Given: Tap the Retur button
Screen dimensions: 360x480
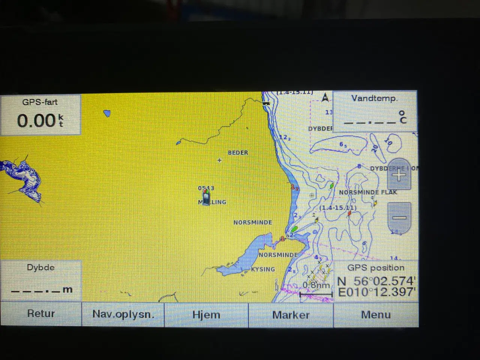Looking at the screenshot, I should [41, 314].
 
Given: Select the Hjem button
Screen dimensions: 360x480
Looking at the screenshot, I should [206, 315].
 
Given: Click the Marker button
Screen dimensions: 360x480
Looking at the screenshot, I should [291, 315].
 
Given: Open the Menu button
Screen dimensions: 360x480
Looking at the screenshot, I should [376, 315].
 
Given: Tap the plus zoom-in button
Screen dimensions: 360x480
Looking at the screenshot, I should [399, 175].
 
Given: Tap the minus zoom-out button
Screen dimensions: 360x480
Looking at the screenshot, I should [399, 217].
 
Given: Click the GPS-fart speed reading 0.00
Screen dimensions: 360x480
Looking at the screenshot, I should [37, 121].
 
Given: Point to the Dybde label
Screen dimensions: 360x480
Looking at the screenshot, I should [40, 268].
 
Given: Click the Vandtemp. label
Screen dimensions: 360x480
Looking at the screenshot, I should [374, 99].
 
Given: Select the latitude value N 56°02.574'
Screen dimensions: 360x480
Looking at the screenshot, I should [376, 281].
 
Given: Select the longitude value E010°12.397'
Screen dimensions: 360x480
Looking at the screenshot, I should [376, 292].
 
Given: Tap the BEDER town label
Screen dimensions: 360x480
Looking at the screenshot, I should [238, 153].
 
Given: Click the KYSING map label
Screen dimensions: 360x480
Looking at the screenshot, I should [263, 269].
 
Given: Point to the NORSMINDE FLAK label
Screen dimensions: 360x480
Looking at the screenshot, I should [368, 192].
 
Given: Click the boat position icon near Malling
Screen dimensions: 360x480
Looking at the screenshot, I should [206, 196].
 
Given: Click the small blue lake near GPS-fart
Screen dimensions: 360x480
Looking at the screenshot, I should [107, 113].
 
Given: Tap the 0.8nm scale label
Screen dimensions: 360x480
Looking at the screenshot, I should [316, 285].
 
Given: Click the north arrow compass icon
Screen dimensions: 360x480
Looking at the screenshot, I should [325, 98].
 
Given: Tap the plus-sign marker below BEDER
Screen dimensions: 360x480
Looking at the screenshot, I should [219, 160].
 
